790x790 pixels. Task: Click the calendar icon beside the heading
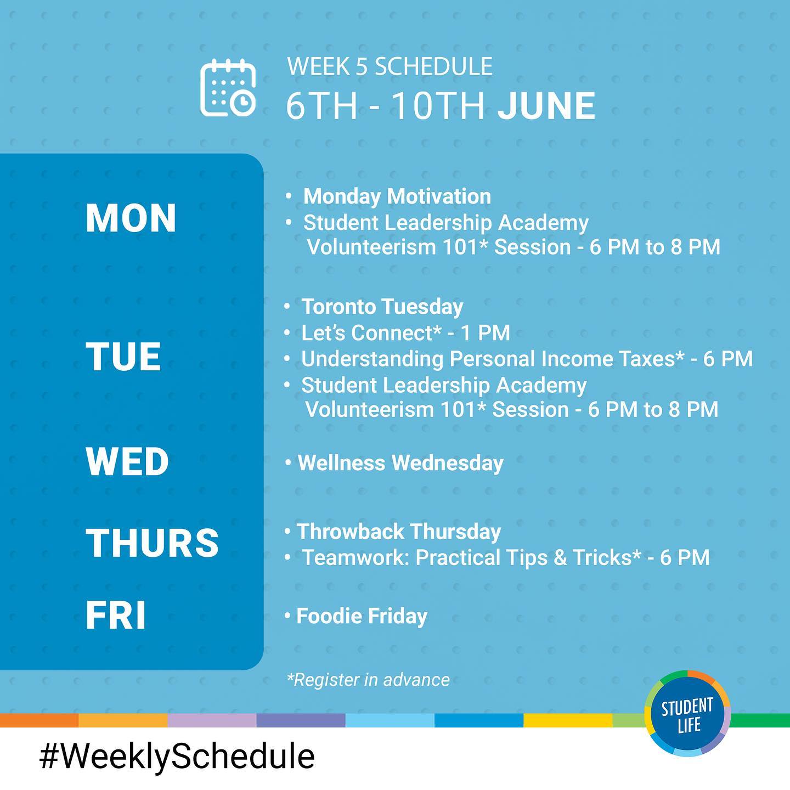point(228,88)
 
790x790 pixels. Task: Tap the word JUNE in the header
point(546,106)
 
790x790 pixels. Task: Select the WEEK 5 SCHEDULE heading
point(390,66)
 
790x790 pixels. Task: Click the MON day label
point(131,218)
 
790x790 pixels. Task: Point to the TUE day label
point(123,357)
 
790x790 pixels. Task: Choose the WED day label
point(127,461)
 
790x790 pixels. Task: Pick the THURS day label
point(152,543)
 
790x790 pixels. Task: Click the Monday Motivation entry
point(397,196)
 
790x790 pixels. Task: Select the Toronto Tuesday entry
point(382,307)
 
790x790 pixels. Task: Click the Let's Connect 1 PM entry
point(405,332)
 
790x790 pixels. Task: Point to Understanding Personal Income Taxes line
point(527,359)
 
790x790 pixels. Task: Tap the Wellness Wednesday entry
point(400,463)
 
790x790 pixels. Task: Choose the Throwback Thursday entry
point(398,531)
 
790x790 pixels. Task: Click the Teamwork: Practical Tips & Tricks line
point(505,557)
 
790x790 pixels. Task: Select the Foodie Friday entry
point(362,616)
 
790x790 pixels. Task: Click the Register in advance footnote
point(368,680)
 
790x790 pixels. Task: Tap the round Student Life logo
point(687,714)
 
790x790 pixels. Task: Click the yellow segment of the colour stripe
point(568,720)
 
